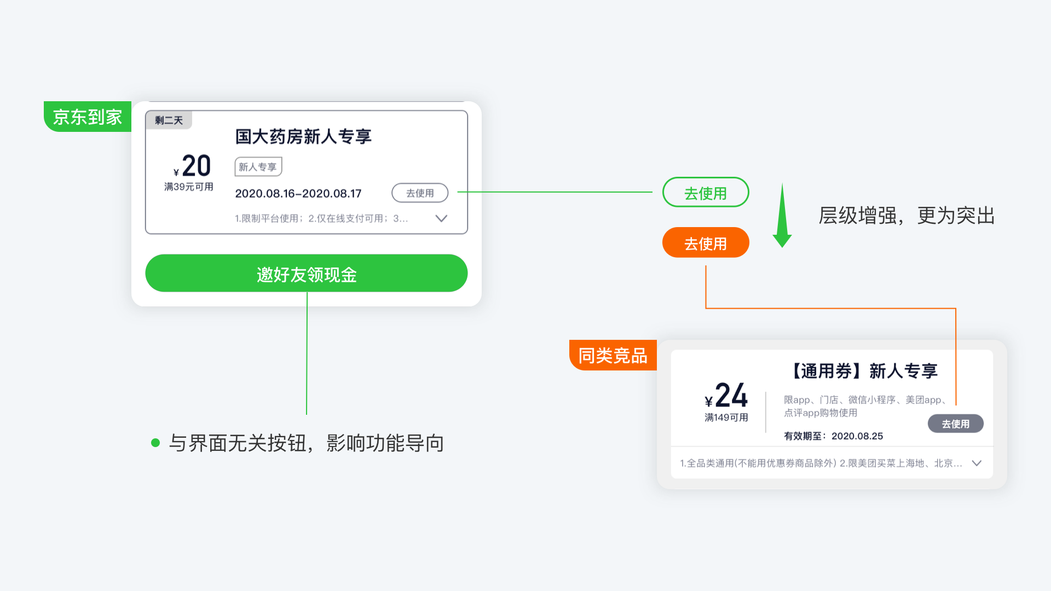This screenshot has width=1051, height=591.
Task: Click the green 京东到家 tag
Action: (88, 117)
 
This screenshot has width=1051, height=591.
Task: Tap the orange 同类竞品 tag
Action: (613, 355)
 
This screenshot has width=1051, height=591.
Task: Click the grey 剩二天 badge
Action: (169, 120)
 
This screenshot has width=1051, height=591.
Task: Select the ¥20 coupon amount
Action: (192, 166)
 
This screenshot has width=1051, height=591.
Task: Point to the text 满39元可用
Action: (189, 187)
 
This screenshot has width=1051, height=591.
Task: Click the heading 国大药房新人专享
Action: (303, 136)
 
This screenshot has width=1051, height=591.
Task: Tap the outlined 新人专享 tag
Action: (258, 167)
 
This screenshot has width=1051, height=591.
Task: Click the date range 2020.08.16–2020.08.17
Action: (298, 194)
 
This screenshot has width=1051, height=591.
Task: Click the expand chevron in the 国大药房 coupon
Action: (441, 218)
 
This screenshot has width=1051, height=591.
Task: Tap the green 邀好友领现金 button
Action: (307, 273)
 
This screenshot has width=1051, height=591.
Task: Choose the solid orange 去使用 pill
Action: (706, 242)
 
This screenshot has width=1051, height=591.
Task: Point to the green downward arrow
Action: (782, 215)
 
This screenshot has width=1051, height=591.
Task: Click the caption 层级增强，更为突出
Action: (907, 216)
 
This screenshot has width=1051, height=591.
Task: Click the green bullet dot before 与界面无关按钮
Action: (155, 443)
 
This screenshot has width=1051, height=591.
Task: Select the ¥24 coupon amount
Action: (726, 395)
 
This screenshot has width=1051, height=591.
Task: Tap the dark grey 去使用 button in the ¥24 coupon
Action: (956, 424)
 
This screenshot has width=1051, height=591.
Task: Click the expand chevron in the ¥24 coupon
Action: (977, 463)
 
